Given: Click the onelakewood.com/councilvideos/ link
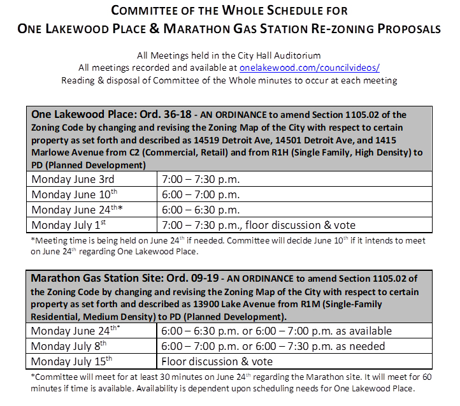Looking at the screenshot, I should click(309, 67).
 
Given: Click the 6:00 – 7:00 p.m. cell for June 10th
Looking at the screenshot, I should click(200, 194).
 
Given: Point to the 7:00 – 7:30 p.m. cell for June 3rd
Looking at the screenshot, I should click(200, 178).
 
